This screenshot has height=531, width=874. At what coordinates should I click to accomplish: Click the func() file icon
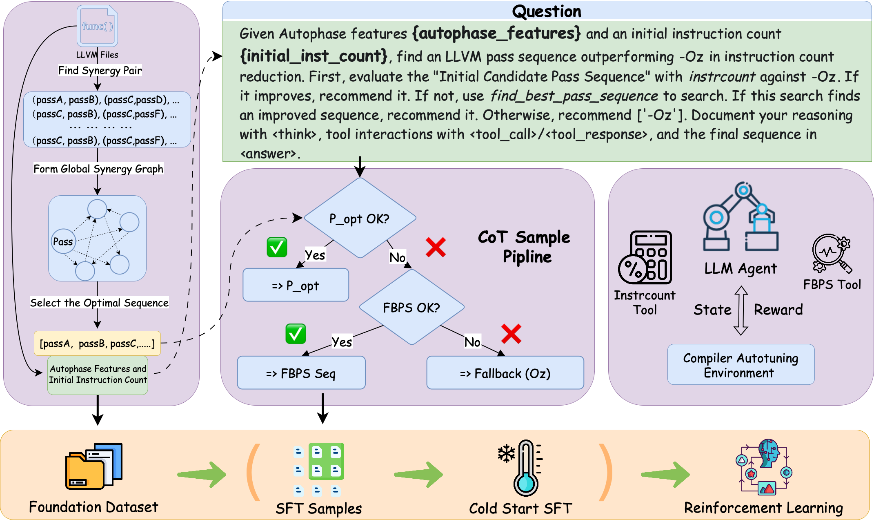point(97,26)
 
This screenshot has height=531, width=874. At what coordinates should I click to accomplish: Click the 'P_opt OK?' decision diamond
point(360,218)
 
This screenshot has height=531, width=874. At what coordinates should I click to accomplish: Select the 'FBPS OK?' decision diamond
point(411,307)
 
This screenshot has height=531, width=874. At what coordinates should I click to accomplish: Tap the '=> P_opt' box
point(296,285)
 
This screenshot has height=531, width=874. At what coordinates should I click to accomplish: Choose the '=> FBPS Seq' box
point(301,373)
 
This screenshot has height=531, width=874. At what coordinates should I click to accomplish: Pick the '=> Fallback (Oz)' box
point(505,373)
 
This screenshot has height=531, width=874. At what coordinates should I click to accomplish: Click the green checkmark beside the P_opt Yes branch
point(277,247)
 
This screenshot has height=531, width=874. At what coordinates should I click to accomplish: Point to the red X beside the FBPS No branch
point(511,334)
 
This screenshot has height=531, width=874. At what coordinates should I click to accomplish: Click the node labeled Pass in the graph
point(63,241)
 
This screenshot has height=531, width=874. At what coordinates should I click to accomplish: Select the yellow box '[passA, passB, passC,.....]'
point(97,343)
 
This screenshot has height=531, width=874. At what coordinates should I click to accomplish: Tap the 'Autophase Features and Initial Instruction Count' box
point(98,375)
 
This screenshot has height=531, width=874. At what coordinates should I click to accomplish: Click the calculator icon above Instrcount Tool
point(645,257)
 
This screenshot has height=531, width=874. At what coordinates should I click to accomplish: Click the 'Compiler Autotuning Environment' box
point(741,365)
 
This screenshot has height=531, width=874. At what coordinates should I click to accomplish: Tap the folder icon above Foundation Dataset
point(93,466)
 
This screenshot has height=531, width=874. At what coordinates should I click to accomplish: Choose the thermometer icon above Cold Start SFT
point(525,468)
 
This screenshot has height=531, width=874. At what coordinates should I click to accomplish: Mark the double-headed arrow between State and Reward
point(741,310)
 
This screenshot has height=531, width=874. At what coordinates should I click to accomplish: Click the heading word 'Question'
point(546,11)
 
